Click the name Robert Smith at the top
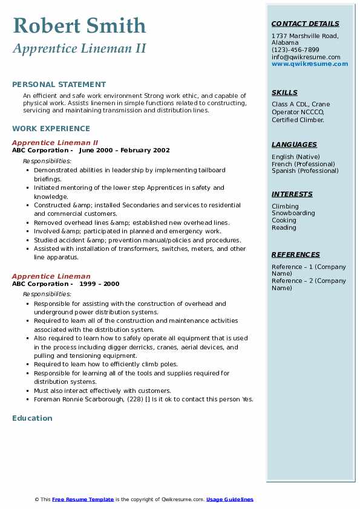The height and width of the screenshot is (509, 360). click(79, 25)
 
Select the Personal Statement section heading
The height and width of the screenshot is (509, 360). click(59, 85)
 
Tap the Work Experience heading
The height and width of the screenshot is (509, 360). click(51, 129)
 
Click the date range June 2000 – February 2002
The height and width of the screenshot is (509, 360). click(124, 151)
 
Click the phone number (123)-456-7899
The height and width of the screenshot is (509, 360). click(295, 50)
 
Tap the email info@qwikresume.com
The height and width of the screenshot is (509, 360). click(306, 57)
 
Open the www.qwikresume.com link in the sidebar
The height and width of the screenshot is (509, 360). click(310, 63)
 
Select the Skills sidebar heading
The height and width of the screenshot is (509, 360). click(284, 92)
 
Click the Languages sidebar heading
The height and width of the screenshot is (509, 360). click(294, 144)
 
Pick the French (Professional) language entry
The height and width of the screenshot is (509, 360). click(303, 164)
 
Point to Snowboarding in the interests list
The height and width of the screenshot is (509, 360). click(293, 213)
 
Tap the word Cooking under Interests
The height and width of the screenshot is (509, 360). click(284, 221)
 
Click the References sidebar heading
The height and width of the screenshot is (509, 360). click(295, 254)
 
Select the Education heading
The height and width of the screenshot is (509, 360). click(32, 418)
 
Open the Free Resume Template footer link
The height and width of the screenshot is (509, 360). click(83, 499)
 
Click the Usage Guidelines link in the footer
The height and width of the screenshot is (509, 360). click(229, 499)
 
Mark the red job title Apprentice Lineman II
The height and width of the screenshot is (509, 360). click(55, 143)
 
